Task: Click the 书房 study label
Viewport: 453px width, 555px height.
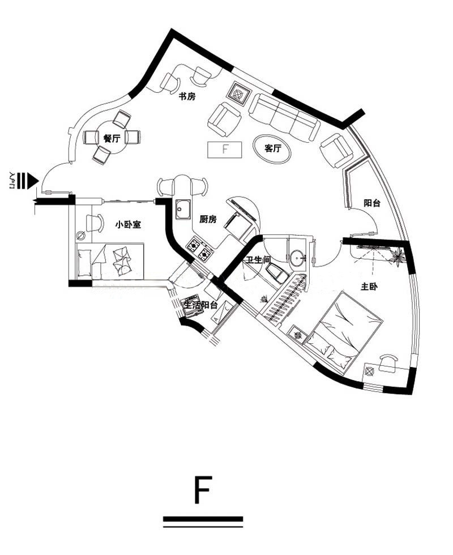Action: pyautogui.click(x=187, y=96)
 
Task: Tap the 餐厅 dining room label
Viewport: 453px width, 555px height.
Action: pyautogui.click(x=112, y=138)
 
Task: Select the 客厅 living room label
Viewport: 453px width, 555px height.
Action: pyautogui.click(x=272, y=148)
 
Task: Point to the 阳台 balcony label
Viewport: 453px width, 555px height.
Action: pyautogui.click(x=372, y=203)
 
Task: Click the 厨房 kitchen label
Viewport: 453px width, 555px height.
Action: pyautogui.click(x=208, y=220)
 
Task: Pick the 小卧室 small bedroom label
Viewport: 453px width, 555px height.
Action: pyautogui.click(x=128, y=224)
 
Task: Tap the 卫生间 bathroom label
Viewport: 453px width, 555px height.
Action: pyautogui.click(x=258, y=260)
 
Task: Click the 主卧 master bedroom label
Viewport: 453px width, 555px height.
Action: pyautogui.click(x=369, y=287)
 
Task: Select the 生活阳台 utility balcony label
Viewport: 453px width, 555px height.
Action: pyautogui.click(x=200, y=305)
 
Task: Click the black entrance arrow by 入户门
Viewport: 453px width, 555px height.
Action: pyautogui.click(x=33, y=181)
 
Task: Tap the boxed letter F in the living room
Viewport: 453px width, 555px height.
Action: pyautogui.click(x=225, y=150)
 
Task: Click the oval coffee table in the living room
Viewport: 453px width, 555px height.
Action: pyautogui.click(x=272, y=148)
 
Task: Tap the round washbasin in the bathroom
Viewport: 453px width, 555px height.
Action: pyautogui.click(x=296, y=256)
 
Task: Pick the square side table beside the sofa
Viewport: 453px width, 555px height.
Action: pyautogui.click(x=240, y=94)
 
